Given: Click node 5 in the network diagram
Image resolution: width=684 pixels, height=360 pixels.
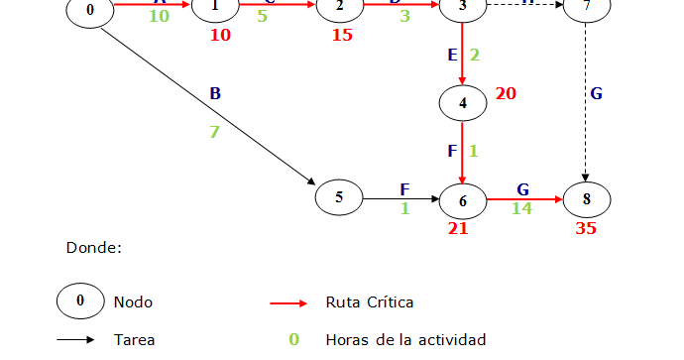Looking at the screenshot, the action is [x=339, y=196].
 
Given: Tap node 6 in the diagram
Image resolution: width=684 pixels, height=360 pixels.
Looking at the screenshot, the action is [x=463, y=200].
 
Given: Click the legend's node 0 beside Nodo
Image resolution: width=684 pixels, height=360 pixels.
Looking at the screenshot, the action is [x=80, y=300].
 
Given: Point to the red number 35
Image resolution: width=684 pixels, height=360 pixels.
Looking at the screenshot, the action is [x=587, y=227].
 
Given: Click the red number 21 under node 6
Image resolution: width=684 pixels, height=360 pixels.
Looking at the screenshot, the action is [x=458, y=227].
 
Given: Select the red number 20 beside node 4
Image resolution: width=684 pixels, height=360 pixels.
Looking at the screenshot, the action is [x=506, y=94].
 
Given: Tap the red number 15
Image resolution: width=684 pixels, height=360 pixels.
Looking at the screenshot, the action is [x=342, y=36].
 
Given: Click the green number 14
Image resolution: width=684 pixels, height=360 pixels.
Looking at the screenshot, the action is [x=521, y=208].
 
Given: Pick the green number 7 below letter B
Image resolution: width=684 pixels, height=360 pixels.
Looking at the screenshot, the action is [x=213, y=132].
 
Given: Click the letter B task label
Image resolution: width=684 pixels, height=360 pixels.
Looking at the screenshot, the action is [x=215, y=94].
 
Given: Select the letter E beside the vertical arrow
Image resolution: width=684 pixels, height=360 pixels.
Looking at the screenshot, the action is [x=453, y=55].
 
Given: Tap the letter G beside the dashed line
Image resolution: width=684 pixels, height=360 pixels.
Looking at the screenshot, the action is [x=596, y=94].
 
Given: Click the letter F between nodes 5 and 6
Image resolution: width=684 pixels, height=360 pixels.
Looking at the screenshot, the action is [x=404, y=188].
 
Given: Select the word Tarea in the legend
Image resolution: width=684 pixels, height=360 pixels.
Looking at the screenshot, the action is [x=134, y=340].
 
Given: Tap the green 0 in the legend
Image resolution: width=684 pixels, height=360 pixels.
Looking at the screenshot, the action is [x=293, y=340].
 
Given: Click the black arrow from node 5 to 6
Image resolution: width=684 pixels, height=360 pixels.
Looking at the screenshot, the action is [x=402, y=199].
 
